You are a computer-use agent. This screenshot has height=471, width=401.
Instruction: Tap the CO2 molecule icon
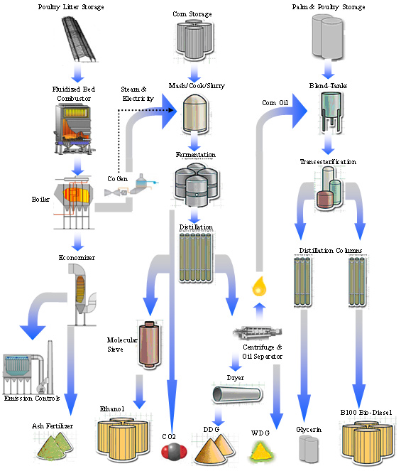170,453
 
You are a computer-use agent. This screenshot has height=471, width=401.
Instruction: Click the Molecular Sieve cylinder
148,346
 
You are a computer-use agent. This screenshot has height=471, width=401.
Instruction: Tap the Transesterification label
328,162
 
